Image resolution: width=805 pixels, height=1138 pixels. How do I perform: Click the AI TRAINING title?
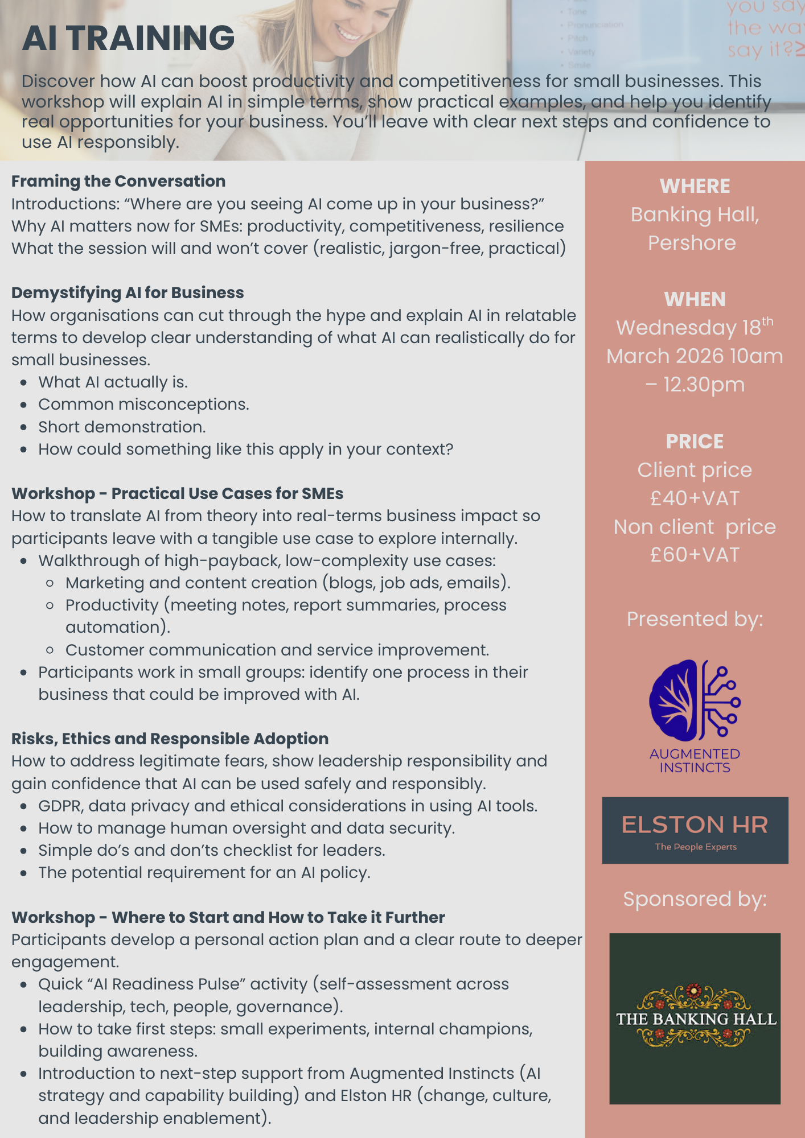click(x=128, y=38)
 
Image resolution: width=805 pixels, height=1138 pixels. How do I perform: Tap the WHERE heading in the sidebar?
click(x=695, y=186)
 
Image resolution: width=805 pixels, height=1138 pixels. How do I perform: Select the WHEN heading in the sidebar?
click(x=695, y=299)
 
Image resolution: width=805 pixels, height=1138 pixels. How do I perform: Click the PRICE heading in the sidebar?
click(x=695, y=442)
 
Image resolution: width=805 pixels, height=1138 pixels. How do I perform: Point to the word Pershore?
click(x=692, y=243)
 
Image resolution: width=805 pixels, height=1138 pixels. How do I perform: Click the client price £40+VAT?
click(x=695, y=498)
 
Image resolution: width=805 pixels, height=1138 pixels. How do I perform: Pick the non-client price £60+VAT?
click(x=695, y=555)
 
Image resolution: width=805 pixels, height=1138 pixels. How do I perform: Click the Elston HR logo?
click(x=695, y=830)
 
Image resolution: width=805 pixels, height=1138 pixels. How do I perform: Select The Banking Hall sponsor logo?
click(x=695, y=1019)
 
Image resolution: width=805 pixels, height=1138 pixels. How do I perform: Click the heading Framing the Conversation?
click(x=118, y=181)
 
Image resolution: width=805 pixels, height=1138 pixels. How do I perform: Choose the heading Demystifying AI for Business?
click(x=128, y=292)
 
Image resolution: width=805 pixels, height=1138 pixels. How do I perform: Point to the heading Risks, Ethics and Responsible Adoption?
click(x=170, y=739)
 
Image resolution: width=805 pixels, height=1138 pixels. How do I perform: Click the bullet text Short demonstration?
click(x=122, y=427)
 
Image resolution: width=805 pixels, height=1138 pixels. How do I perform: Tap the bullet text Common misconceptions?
click(x=143, y=405)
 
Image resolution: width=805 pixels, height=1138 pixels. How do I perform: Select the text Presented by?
click(x=695, y=619)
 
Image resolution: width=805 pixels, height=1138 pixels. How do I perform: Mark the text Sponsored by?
click(x=695, y=899)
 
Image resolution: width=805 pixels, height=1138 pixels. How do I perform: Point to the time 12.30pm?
click(x=704, y=385)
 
